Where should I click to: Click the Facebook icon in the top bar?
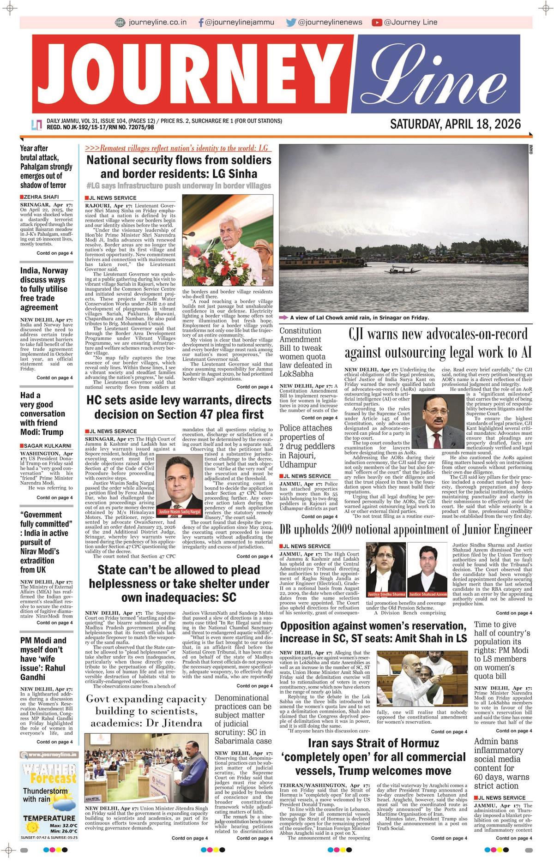coord(201,22)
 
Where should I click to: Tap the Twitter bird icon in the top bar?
coord(291,22)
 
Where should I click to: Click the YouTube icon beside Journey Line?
coord(377,22)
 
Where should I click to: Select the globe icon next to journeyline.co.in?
coord(120,22)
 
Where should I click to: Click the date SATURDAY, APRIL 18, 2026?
coord(455,124)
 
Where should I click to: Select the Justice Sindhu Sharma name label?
coord(386,594)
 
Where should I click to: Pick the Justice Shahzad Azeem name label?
coord(428,594)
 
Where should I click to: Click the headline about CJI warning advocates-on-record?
coord(438,343)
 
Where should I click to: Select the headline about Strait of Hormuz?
coord(373,757)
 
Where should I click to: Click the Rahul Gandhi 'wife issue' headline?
coord(43,659)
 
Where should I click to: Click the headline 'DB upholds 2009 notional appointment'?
coord(405,530)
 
